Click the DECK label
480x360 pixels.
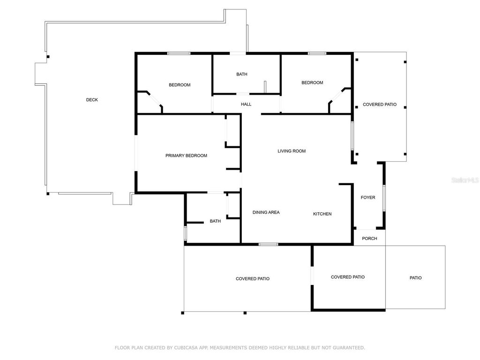92,100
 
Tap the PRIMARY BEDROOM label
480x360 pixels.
186,156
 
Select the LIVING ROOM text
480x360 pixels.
292,151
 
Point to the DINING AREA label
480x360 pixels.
266,212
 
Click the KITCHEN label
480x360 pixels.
322,214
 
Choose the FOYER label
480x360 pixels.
368,197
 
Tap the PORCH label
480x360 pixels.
369,239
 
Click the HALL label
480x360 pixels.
246,104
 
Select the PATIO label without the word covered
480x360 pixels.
415,278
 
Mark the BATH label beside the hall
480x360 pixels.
242,74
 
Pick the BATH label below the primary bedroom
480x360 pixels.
215,221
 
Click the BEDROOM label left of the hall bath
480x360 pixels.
180,85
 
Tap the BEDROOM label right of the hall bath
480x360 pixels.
312,82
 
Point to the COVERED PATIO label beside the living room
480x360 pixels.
380,105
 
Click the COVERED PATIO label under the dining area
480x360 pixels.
253,279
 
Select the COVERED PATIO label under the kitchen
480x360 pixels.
348,277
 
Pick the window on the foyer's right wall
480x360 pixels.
383,198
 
